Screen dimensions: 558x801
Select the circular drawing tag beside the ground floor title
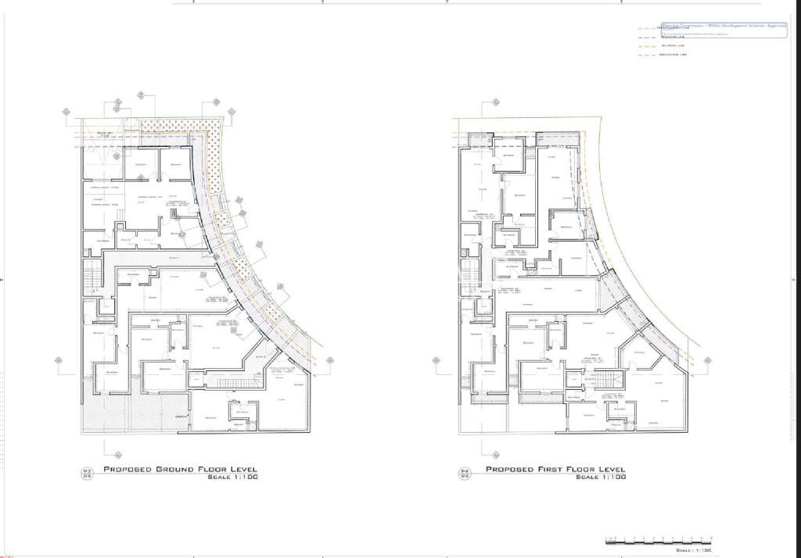88,473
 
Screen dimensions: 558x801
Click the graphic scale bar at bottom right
659,540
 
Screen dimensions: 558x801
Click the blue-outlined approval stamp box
724,30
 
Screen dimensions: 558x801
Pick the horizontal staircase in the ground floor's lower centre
227,381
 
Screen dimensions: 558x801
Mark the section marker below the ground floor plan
117,455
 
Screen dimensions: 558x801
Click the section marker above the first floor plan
494,102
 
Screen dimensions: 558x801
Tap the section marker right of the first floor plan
709,361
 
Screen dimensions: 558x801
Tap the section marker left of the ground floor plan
59,360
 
